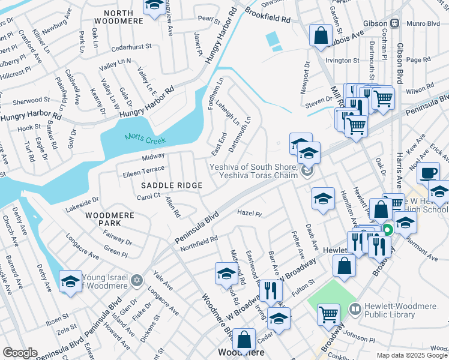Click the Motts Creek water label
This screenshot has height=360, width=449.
(145, 139)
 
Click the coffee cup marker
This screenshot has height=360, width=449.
(428, 173)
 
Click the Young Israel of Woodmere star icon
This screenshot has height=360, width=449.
(137, 280)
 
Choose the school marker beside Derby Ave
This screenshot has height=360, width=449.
(70, 281)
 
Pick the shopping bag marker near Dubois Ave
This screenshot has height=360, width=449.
(321, 35)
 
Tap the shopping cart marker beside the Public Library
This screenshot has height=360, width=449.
(328, 313)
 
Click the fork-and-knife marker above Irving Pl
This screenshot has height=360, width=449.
(271, 290)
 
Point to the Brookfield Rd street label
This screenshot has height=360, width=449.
(268, 20)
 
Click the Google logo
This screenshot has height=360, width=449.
(20, 352)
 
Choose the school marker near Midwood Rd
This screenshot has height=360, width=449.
(226, 274)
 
